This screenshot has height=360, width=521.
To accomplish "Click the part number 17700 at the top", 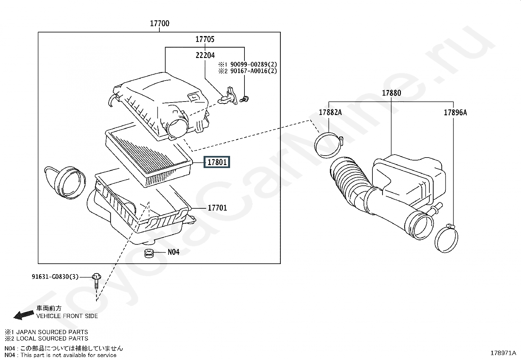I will pyautogui.click(x=160, y=24).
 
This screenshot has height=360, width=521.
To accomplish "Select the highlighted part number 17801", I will pyautogui.click(x=217, y=162).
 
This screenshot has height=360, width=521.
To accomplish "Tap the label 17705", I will pyautogui.click(x=205, y=39).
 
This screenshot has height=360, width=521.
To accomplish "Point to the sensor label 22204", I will pyautogui.click(x=205, y=55).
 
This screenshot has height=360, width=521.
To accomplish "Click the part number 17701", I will pyautogui.click(x=217, y=208).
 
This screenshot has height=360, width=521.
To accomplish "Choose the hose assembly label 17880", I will pyautogui.click(x=391, y=93).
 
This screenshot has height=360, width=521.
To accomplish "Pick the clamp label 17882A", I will pyautogui.click(x=330, y=113).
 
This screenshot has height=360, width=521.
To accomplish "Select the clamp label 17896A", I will pyautogui.click(x=455, y=113).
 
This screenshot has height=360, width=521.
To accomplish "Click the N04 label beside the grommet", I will pyautogui.click(x=173, y=252).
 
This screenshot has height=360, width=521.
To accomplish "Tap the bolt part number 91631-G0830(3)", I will pyautogui.click(x=55, y=277).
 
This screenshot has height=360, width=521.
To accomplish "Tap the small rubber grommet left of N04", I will pyautogui.click(x=149, y=253).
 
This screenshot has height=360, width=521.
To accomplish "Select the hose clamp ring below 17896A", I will pyautogui.click(x=446, y=239).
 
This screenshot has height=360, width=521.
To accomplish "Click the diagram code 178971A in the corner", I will pyautogui.click(x=503, y=353).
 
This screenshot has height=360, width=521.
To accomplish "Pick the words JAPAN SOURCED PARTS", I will pyautogui.click(x=52, y=332).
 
